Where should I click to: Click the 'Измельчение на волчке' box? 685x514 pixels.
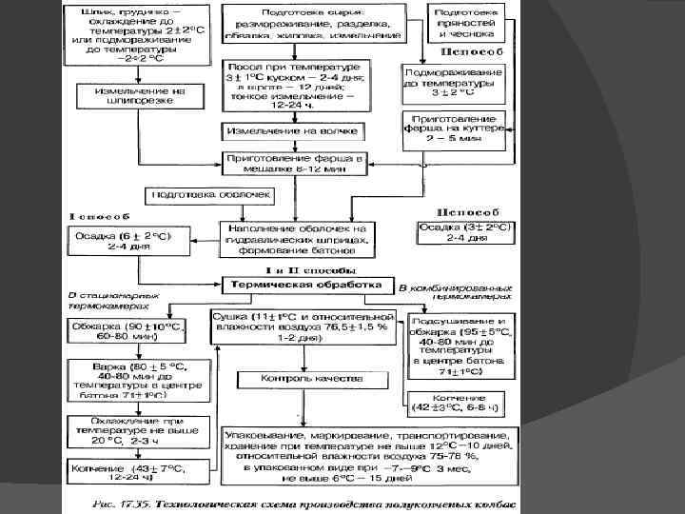293,128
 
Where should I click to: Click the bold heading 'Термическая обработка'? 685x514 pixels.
303,285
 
